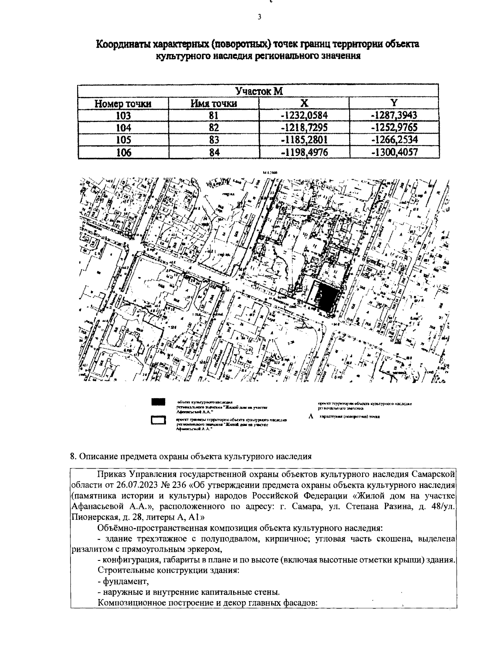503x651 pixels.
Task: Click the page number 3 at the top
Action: click(x=259, y=17)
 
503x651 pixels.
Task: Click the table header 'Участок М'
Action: click(x=258, y=91)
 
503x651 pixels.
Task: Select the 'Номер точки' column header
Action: click(x=123, y=104)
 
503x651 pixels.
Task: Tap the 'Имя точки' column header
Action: click(x=214, y=104)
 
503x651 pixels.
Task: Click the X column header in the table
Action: click(x=304, y=103)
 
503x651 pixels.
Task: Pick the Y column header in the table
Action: click(x=394, y=103)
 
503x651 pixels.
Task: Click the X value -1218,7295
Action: click(x=304, y=128)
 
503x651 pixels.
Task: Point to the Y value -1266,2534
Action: click(x=394, y=140)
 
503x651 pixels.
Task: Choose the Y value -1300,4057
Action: click(x=394, y=153)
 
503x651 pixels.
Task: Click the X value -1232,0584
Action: click(x=304, y=116)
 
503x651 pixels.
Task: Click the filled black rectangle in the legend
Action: click(x=159, y=402)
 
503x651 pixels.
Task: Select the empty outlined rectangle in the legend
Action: click(x=159, y=420)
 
